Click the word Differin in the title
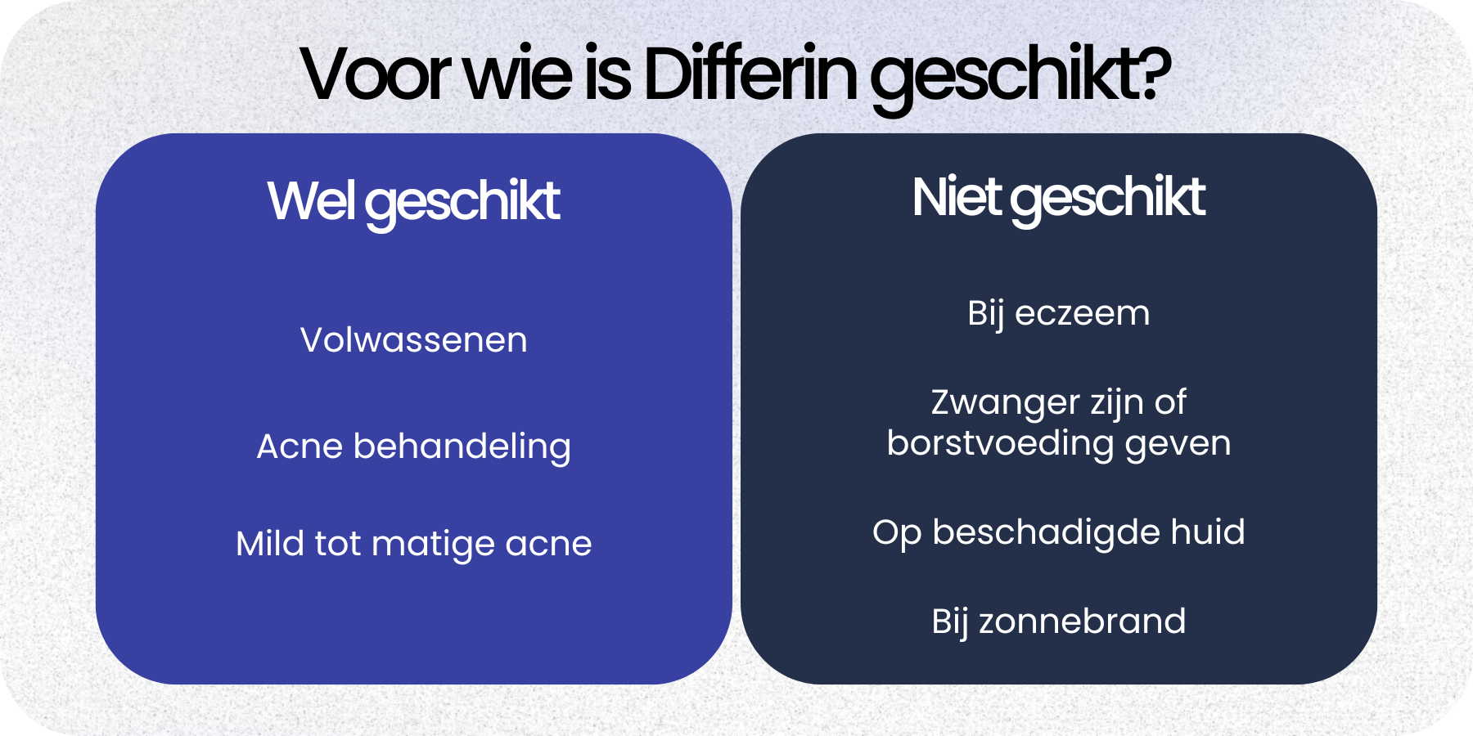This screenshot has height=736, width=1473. (x=751, y=74)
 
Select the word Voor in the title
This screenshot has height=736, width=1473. (x=375, y=74)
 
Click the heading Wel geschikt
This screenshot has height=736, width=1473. (x=413, y=201)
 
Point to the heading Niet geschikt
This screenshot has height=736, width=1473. (x=1058, y=198)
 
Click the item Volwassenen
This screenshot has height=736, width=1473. (x=413, y=340)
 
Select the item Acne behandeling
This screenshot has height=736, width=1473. (x=413, y=447)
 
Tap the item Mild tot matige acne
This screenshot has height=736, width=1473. (x=413, y=544)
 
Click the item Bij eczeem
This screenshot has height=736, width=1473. (x=1058, y=314)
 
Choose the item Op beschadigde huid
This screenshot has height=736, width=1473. (x=1058, y=532)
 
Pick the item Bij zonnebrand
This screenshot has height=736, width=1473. (x=1058, y=622)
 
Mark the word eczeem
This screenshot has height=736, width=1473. (x=1082, y=314)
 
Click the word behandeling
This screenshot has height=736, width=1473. (x=462, y=447)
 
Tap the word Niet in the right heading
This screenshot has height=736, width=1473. (x=956, y=198)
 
